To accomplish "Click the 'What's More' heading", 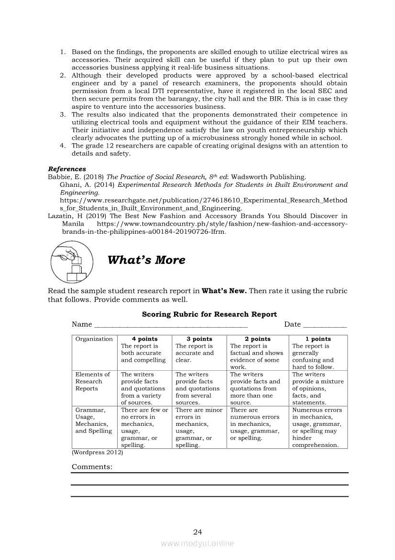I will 146,260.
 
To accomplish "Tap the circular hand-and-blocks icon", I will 72,262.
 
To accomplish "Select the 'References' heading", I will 67,169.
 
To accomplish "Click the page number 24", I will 197,532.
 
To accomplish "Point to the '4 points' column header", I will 144,339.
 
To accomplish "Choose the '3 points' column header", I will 199,339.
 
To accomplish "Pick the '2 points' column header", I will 257,339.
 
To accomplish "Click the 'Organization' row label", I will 94,339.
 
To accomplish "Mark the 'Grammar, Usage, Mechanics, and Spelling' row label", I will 94,420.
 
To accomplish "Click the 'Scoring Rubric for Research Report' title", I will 209,315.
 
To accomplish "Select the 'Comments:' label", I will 92,467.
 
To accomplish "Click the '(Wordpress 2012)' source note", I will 97,452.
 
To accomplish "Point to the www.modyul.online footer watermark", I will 197,544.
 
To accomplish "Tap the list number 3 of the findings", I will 62,115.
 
